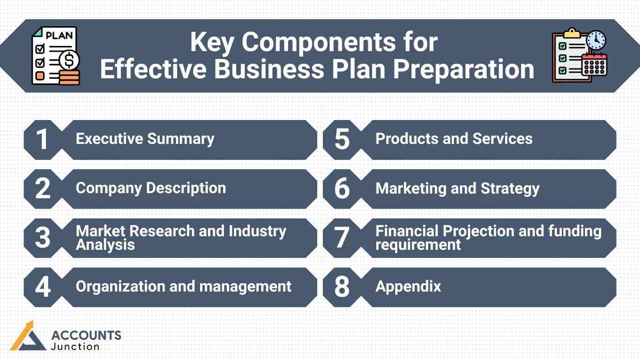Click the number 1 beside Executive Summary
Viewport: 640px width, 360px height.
click(42, 140)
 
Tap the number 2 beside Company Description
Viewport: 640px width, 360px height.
click(43, 189)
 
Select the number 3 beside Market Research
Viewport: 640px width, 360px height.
click(43, 238)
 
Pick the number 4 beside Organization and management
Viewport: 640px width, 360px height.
click(43, 287)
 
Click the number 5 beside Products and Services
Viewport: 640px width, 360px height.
click(342, 140)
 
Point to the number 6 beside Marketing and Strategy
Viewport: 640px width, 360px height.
click(342, 189)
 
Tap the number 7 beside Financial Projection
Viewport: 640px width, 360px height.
click(342, 238)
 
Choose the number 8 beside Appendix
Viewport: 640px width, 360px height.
click(342, 287)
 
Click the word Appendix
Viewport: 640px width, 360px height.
click(408, 286)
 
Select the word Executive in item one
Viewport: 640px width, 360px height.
click(109, 139)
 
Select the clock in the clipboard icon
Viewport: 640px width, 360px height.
click(596, 41)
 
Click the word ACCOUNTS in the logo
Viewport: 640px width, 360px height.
click(86, 335)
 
